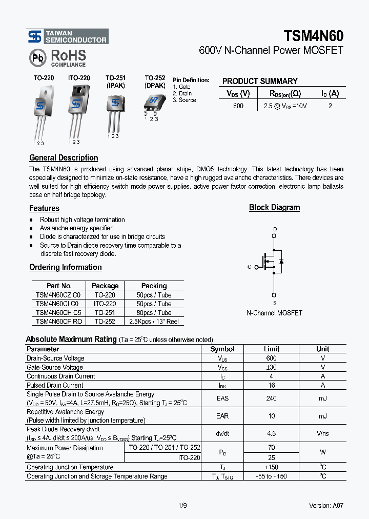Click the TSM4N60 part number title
(x=313, y=35)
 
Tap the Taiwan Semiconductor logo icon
(x=35, y=36)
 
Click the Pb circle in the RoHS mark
(x=38, y=58)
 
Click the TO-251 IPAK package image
(x=114, y=110)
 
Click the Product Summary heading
(x=259, y=81)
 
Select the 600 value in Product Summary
(x=238, y=106)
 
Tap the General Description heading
(x=64, y=158)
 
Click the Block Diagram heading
(x=274, y=208)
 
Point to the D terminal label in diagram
(x=274, y=229)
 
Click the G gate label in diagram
(x=249, y=267)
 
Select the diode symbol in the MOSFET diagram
(x=281, y=262)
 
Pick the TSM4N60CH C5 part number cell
(x=58, y=312)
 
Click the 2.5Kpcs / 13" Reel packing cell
(x=154, y=321)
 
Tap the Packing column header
(x=154, y=286)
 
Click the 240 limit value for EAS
(x=271, y=398)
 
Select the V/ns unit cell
(x=322, y=433)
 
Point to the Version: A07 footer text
(x=326, y=505)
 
